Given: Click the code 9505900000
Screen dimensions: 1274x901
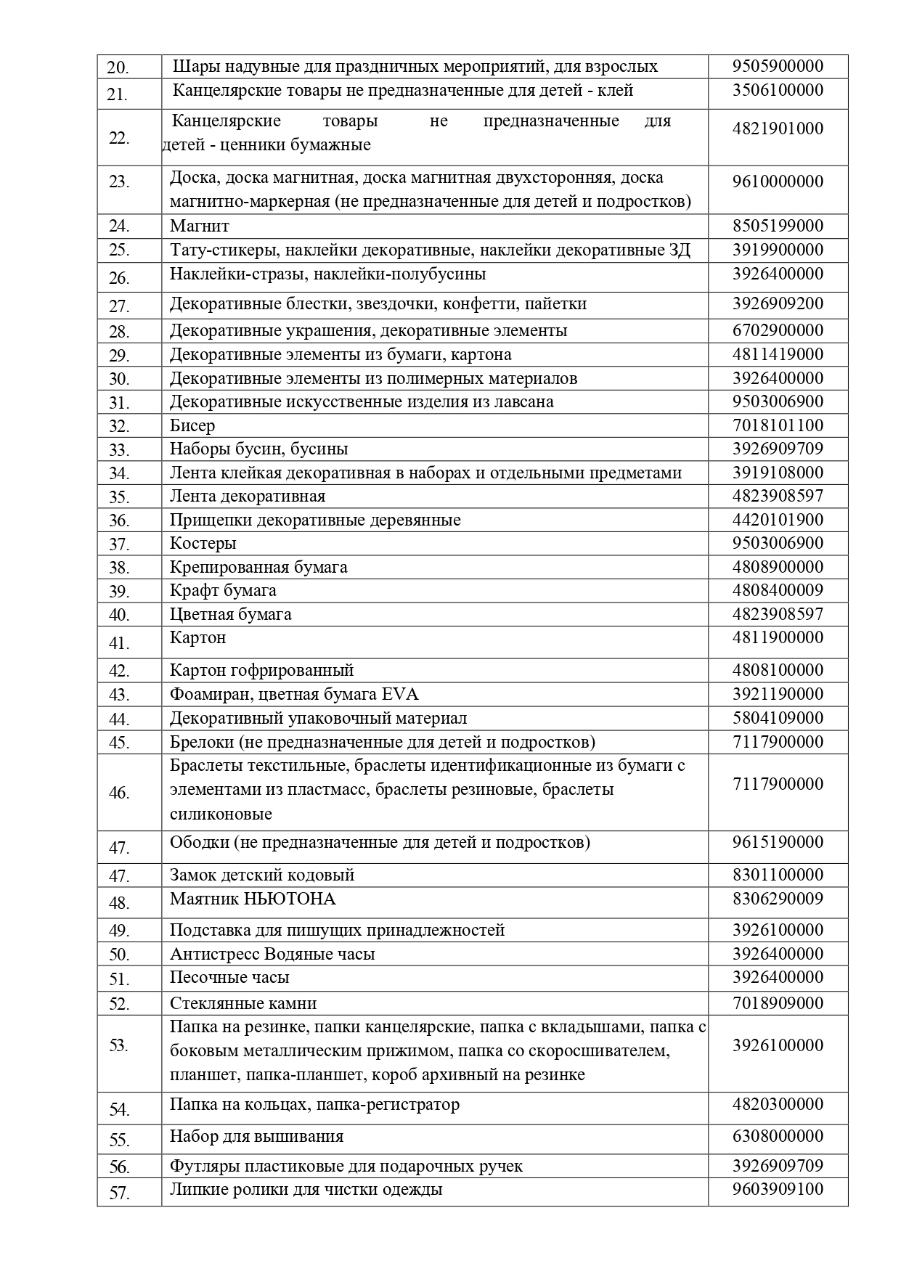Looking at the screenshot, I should tap(778, 67).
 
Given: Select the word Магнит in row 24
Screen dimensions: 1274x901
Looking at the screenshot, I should tap(199, 226).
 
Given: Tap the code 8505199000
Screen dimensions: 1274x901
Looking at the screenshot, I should tap(778, 226).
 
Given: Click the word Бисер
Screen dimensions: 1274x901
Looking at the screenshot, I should tap(192, 425).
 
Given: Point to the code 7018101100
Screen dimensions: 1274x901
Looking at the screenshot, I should tap(778, 425).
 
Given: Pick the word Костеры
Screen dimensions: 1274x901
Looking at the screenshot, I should tap(203, 544).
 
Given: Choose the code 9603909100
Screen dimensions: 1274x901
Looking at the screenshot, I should tap(778, 1190).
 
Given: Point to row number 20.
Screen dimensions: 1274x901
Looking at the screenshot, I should tap(118, 68).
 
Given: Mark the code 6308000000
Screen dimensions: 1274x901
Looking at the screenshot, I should tap(778, 1136).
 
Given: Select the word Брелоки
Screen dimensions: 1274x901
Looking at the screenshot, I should tap(201, 742).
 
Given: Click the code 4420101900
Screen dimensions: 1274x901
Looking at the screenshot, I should tap(778, 520).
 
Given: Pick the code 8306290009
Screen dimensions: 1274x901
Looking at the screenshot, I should tap(778, 899).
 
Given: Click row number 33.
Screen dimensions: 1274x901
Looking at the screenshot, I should tap(119, 450).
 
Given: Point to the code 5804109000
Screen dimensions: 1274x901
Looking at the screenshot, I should tap(778, 718).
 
